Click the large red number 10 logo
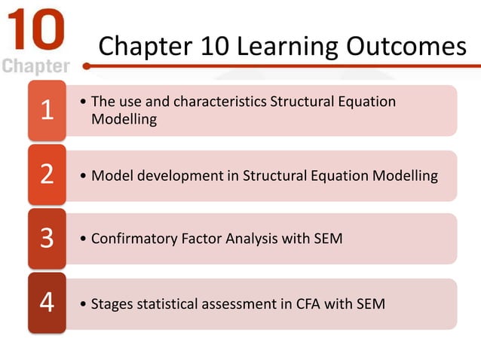click(35, 30)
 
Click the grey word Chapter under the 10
click(36, 66)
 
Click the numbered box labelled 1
click(47, 111)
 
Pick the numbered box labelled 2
click(47, 175)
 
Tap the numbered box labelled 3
click(47, 239)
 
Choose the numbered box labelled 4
click(47, 304)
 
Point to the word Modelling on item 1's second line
click(124, 119)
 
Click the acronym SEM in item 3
click(327, 239)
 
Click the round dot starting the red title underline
click(87, 66)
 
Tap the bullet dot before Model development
click(82, 176)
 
